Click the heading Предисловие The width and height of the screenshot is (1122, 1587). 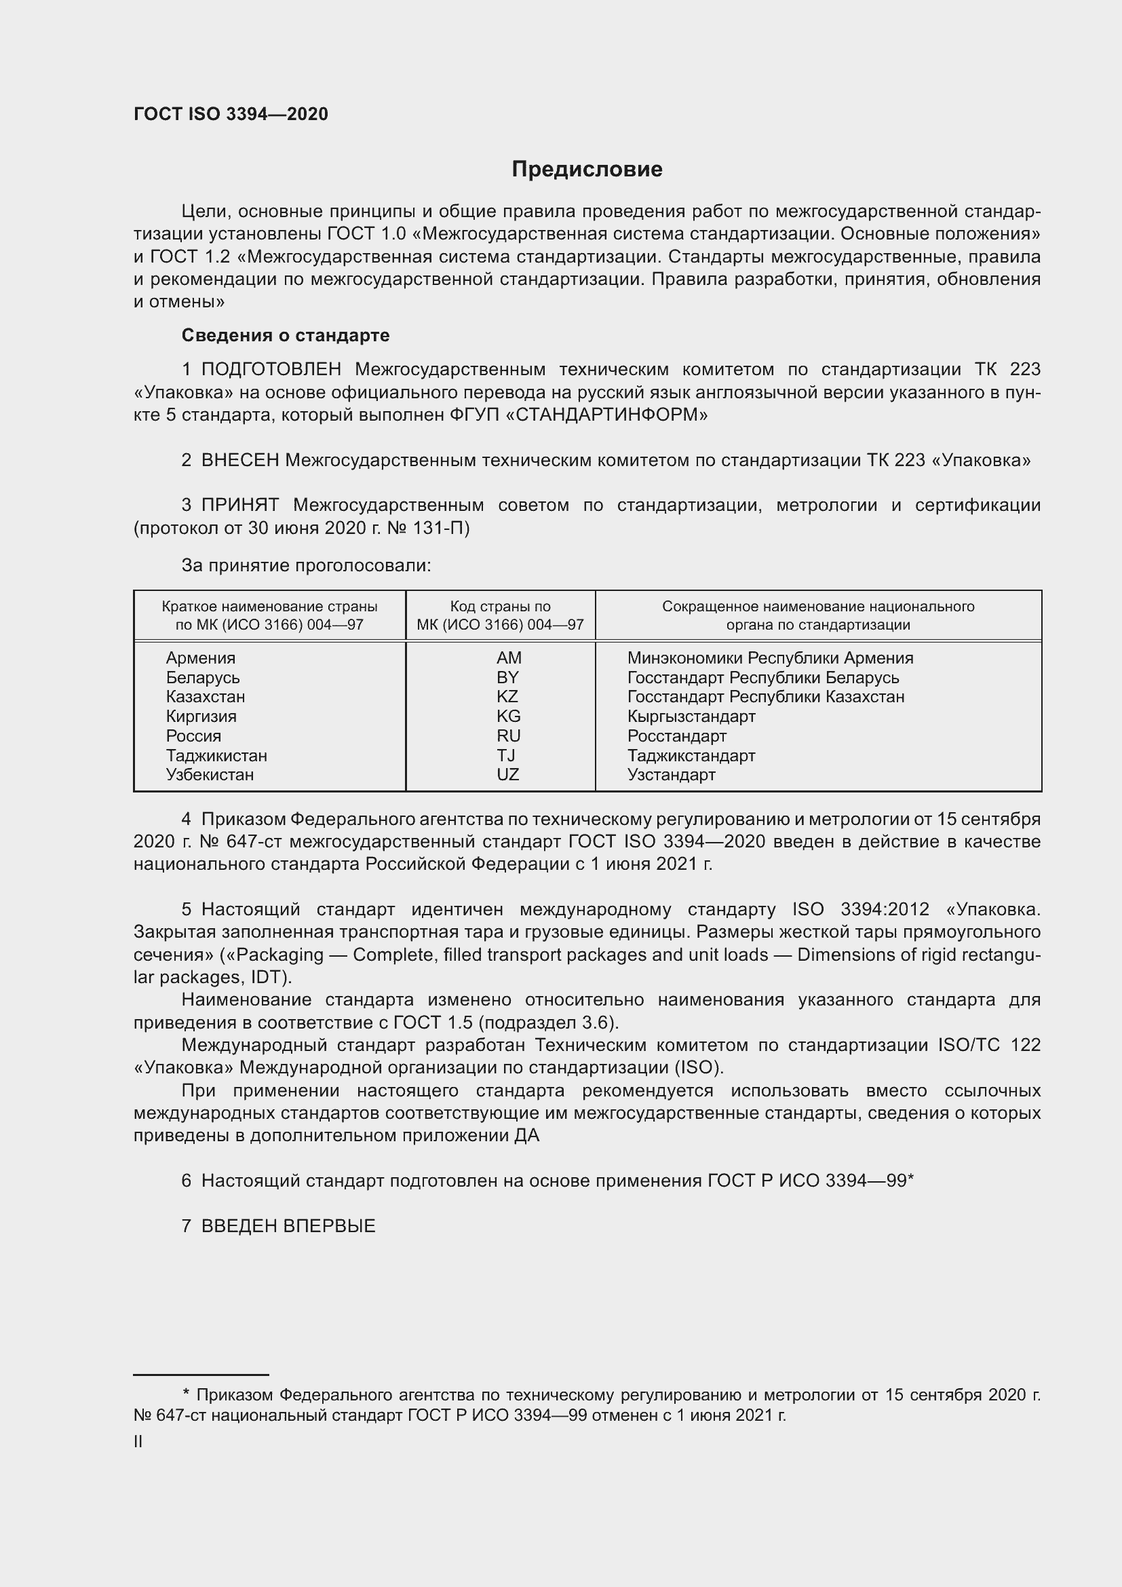[x=587, y=170]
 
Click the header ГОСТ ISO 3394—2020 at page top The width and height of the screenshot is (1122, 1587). [x=231, y=115]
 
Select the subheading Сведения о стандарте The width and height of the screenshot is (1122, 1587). [x=286, y=335]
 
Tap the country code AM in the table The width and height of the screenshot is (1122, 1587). [x=509, y=658]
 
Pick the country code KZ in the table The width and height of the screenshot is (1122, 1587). [x=507, y=697]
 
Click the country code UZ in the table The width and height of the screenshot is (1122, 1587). [x=507, y=774]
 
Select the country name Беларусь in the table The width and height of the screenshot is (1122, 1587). [x=202, y=677]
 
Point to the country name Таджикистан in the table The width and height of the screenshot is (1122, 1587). [x=216, y=755]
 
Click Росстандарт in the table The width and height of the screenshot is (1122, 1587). [x=676, y=736]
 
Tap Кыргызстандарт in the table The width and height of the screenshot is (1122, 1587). [x=691, y=716]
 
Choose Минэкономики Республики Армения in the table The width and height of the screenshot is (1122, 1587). [x=770, y=658]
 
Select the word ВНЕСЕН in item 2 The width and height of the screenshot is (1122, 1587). [x=239, y=460]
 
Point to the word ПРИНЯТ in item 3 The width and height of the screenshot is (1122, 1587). [x=239, y=505]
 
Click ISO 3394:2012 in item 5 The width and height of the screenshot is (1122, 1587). [x=860, y=909]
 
